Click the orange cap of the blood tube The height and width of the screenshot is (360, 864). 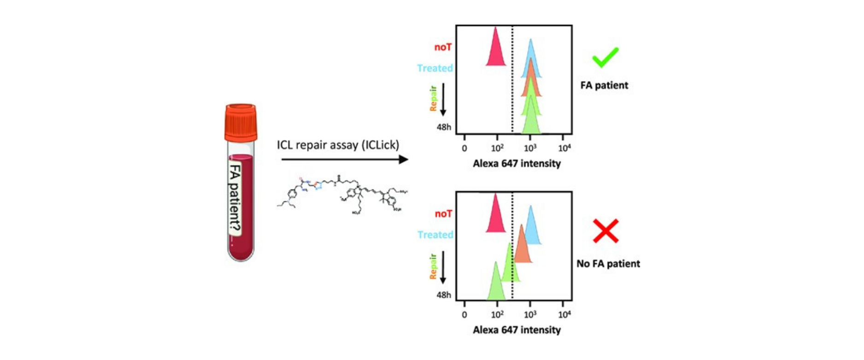[241, 123]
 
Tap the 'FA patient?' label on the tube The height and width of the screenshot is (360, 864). [235, 198]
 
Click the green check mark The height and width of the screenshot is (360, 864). [605, 57]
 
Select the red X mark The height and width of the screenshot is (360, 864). [605, 231]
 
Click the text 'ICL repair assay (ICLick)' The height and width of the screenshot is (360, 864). [338, 145]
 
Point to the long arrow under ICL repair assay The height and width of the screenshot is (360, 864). [344, 159]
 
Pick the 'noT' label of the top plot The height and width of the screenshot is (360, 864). [443, 47]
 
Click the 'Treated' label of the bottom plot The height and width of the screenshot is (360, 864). [435, 235]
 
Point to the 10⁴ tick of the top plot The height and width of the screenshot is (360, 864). [564, 148]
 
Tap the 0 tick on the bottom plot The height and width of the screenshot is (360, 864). [464, 314]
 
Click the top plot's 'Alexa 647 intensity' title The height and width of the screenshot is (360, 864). [517, 164]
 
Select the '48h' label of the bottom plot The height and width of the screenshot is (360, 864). [444, 295]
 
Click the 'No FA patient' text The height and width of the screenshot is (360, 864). [608, 264]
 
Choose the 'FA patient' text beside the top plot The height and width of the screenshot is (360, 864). [604, 85]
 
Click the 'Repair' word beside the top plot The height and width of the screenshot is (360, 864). [433, 98]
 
